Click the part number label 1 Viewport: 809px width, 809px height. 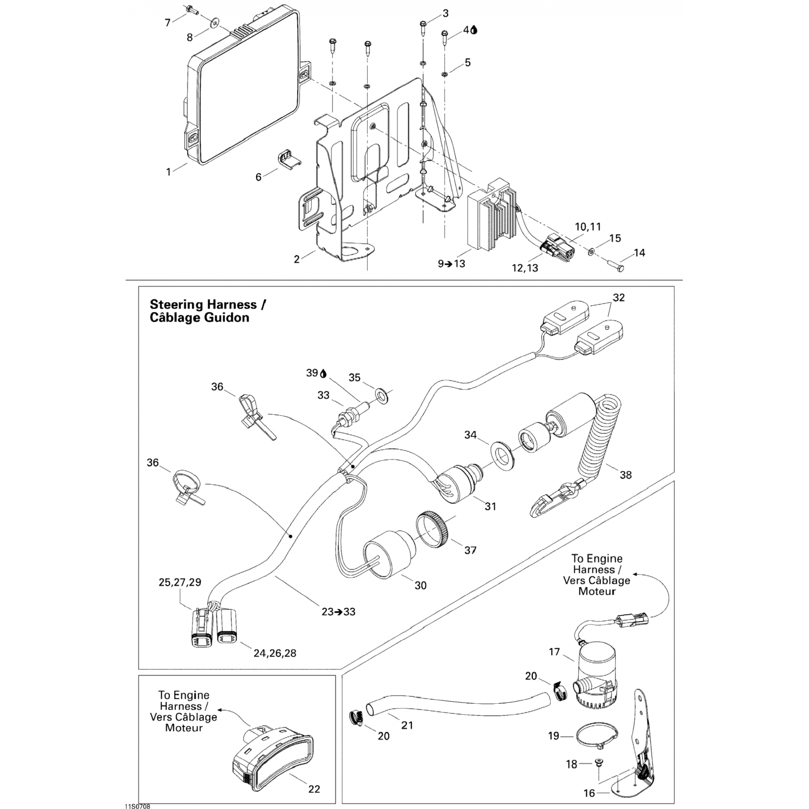pyautogui.click(x=169, y=172)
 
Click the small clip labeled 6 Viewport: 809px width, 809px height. pyautogui.click(x=290, y=160)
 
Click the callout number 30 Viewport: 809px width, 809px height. pyautogui.click(x=420, y=585)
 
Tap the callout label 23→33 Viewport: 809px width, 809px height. pyautogui.click(x=338, y=612)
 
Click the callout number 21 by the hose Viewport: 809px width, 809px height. pyautogui.click(x=407, y=725)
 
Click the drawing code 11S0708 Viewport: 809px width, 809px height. pyautogui.click(x=136, y=806)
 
